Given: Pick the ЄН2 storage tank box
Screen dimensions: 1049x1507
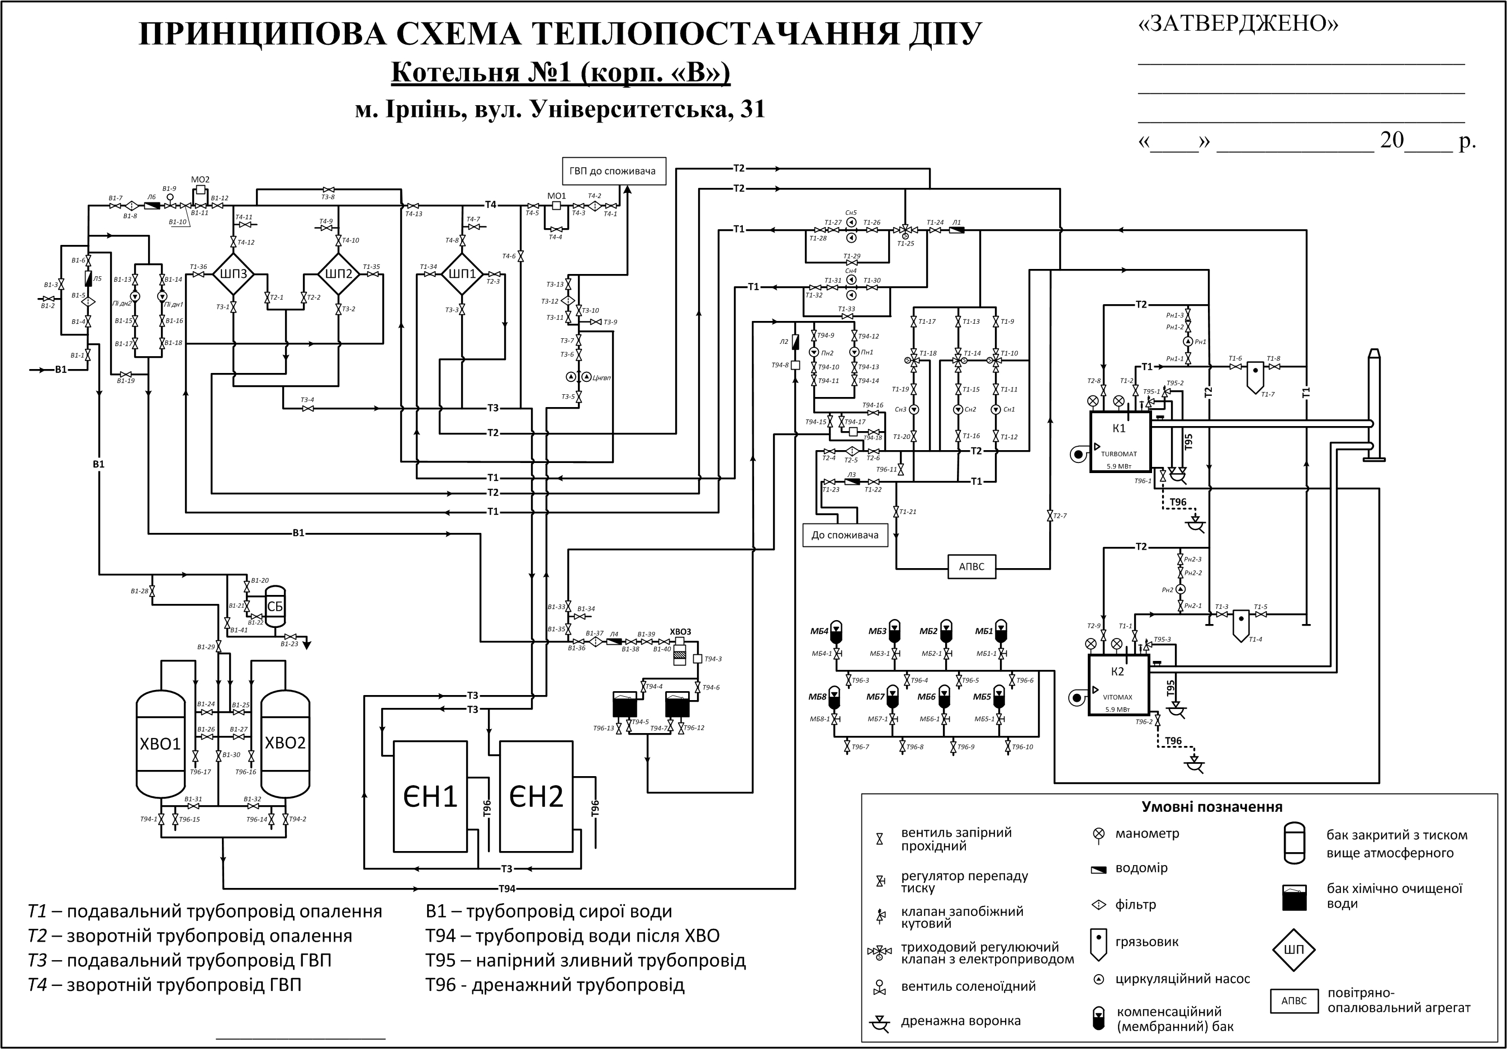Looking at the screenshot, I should coord(536,796).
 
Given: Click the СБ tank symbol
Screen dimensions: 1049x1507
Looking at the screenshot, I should coord(275,607).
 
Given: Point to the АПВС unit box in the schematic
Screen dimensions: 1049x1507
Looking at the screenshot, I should coord(972,566).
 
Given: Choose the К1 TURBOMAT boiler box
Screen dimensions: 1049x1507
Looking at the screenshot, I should coord(1120,441).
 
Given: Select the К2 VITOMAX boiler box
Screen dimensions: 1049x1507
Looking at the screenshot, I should coord(1119,684).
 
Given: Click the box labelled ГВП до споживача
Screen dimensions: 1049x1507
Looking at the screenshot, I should coord(613,171).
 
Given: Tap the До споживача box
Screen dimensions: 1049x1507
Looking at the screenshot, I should coord(845,535).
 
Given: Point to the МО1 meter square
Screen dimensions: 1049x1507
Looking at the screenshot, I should coord(557,205).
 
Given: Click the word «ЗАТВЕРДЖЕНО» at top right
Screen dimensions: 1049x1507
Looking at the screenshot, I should coord(1238,24).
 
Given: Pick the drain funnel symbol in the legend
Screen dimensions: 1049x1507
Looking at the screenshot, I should coord(879,1022).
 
